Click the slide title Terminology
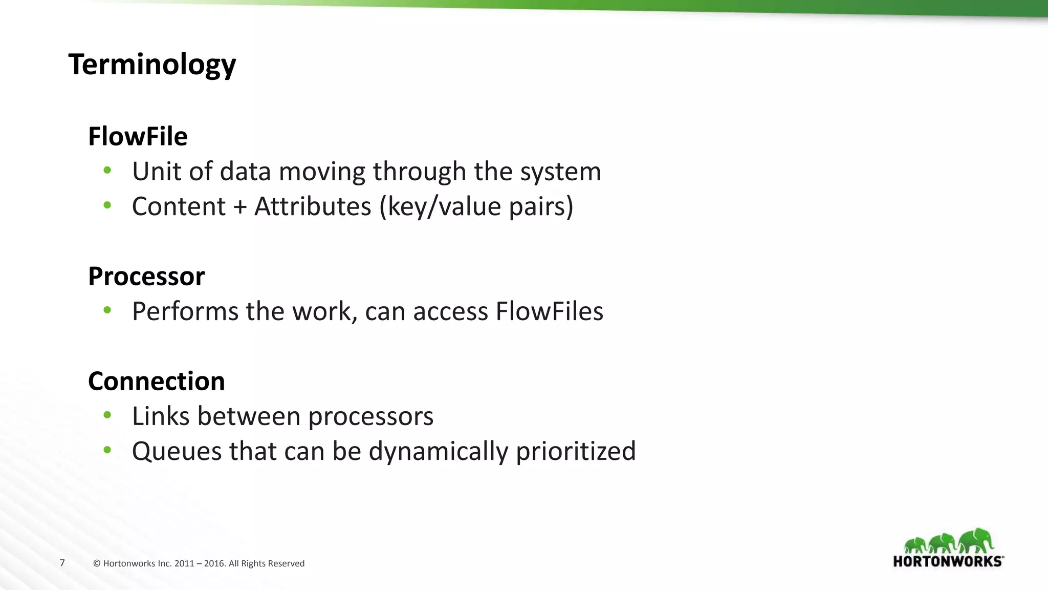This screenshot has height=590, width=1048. point(152,65)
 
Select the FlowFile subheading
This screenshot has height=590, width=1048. point(138,136)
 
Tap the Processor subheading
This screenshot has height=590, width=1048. point(146,276)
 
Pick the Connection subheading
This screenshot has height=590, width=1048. point(157,381)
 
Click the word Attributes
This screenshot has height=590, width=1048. point(313,206)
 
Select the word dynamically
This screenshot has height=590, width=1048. point(438,452)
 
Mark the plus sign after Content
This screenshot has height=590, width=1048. point(240,207)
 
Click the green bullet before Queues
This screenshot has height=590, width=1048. point(107,450)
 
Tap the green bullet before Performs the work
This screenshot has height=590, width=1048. point(107,310)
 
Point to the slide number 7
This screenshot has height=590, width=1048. point(62,563)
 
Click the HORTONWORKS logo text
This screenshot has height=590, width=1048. point(948,561)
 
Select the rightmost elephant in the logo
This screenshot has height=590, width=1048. point(976,541)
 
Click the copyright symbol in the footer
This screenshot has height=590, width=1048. point(97,563)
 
